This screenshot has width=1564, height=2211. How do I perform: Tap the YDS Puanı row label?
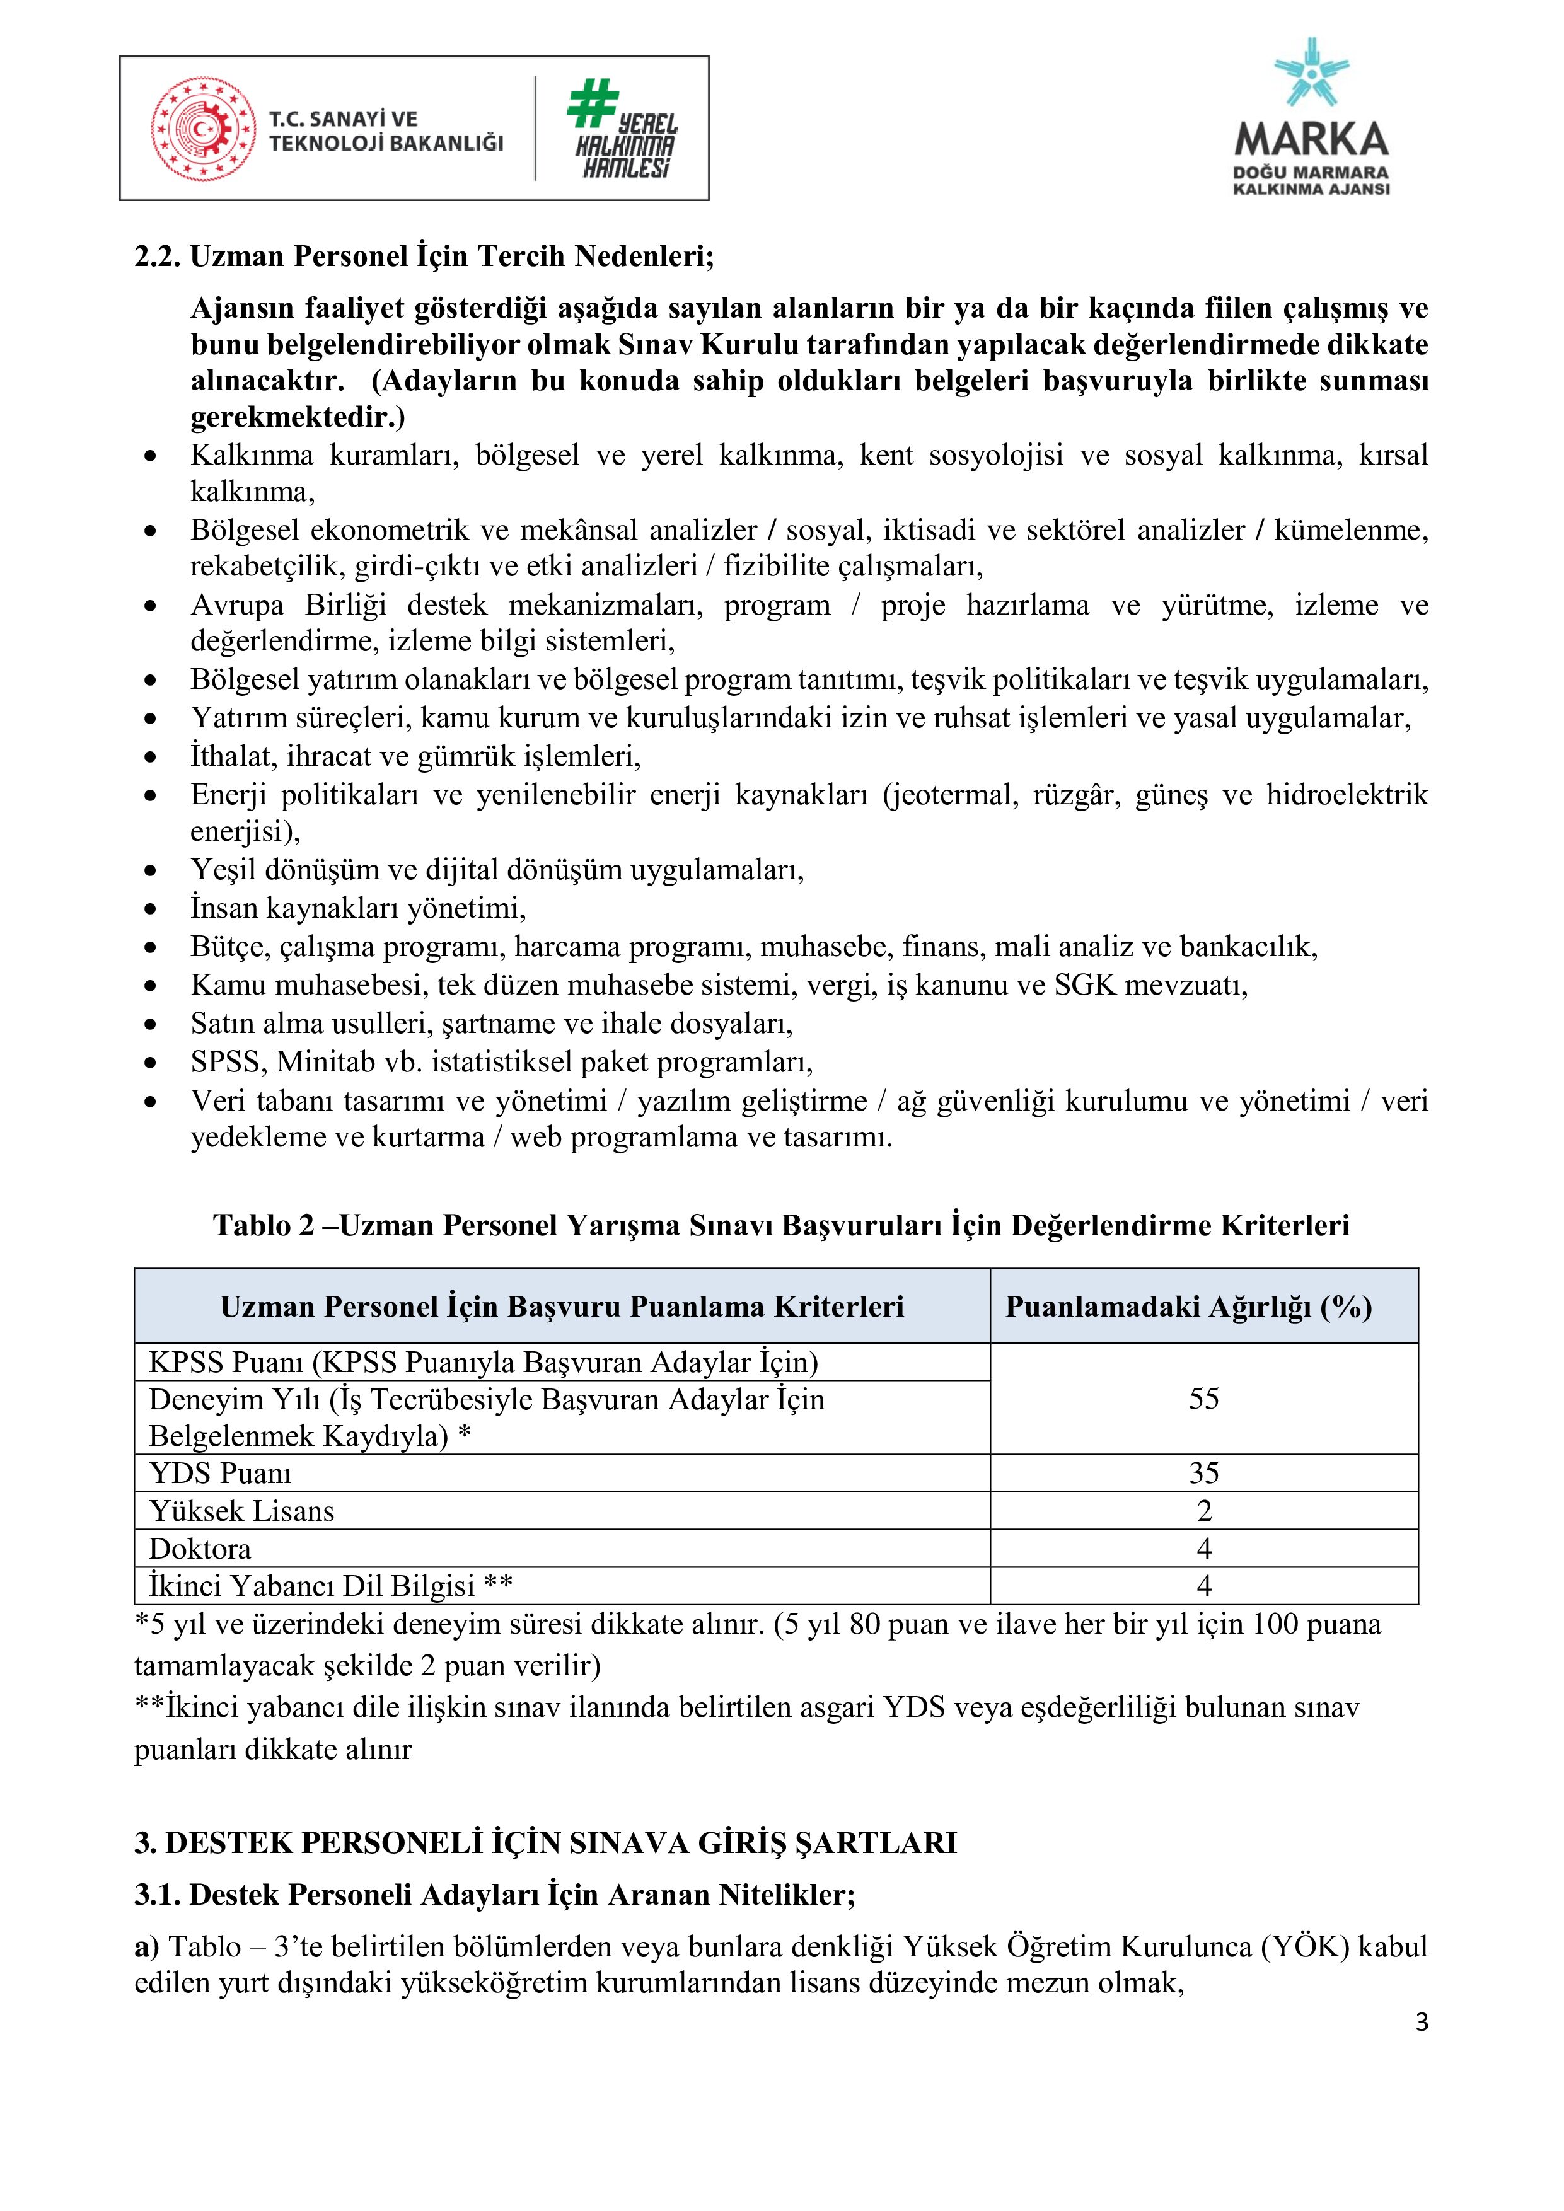pyautogui.click(x=221, y=1474)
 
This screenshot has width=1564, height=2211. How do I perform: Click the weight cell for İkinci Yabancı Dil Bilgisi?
pyautogui.click(x=1204, y=1586)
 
